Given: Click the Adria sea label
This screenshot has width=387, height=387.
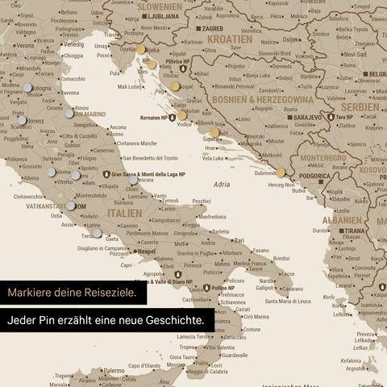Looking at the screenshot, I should [x=222, y=185].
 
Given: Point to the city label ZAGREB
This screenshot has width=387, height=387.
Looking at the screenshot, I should [x=211, y=28].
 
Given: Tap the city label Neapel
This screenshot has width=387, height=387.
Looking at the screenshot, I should [x=146, y=252].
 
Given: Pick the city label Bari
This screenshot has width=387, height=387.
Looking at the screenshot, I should [x=239, y=239].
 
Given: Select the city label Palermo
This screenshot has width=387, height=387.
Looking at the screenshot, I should [x=113, y=371].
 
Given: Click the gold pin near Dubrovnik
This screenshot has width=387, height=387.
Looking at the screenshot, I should [x=281, y=171].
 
